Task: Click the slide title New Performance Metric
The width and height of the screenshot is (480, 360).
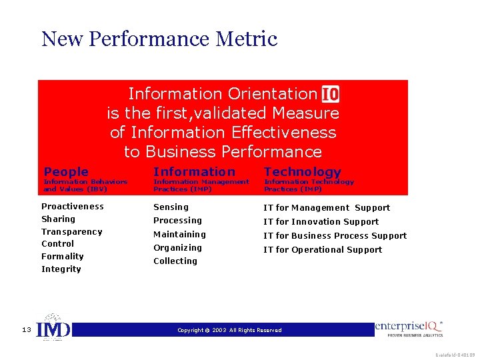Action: pos(159,39)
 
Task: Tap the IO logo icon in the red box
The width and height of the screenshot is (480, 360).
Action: pos(330,94)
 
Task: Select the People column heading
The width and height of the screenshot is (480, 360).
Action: pos(66,172)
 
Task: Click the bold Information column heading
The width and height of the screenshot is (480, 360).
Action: pos(194,172)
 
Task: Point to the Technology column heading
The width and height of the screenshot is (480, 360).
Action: pos(302,172)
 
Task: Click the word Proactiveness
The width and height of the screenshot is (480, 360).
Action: pos(73,207)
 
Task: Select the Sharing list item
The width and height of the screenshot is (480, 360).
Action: pos(59,219)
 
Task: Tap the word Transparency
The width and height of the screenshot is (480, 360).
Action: pos(72,232)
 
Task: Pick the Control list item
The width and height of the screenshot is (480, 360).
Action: pos(58,244)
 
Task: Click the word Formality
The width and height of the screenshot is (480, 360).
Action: pos(63,257)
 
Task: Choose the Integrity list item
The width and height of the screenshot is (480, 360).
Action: pos(61,269)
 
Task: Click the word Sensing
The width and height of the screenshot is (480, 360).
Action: pos(171,207)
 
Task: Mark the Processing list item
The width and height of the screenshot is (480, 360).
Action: pos(177,221)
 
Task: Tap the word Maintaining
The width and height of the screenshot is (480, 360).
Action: pos(179,235)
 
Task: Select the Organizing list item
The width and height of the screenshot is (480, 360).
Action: pos(177,248)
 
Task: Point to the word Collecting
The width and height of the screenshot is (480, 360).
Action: pos(175,261)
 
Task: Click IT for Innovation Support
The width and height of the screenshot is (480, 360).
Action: pos(321,222)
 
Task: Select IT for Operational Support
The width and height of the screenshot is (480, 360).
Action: pos(323,250)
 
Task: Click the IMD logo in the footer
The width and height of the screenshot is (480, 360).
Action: pos(53,329)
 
